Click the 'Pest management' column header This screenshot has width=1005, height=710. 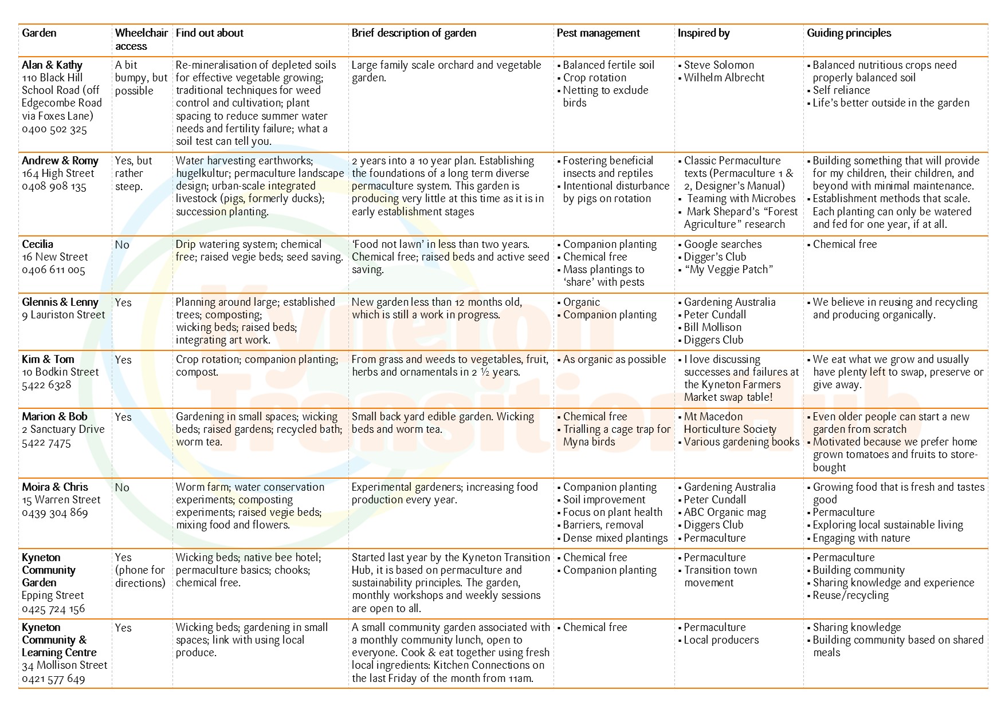(598, 33)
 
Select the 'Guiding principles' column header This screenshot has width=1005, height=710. (849, 33)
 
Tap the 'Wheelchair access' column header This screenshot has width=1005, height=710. (141, 40)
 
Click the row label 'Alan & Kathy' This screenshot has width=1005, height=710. (52, 65)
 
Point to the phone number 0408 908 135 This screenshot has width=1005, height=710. (54, 187)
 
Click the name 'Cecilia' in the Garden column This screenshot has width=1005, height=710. (37, 244)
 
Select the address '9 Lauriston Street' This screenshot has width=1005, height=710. (64, 315)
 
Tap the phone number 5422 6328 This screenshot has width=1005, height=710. (46, 385)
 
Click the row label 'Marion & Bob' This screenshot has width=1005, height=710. (54, 417)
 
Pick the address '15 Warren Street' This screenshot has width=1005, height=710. (61, 500)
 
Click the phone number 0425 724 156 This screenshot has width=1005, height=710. (53, 609)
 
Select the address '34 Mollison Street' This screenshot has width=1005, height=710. (64, 665)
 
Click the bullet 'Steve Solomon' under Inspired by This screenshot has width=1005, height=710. (719, 65)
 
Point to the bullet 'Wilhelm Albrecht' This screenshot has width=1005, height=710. (724, 78)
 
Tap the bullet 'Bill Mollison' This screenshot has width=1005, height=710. (712, 328)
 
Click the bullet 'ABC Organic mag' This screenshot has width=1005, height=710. (725, 512)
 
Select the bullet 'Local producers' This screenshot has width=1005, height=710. (721, 640)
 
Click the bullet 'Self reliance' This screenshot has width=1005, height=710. (841, 90)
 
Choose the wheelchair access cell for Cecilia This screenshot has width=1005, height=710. (122, 245)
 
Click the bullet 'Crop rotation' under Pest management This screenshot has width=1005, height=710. (594, 78)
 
